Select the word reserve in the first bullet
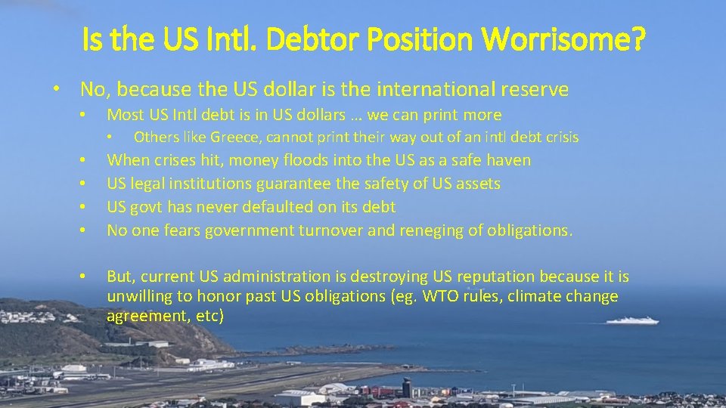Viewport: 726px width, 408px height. [535, 89]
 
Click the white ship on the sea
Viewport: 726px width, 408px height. [632, 320]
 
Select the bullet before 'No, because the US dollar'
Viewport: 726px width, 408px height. [57, 90]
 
